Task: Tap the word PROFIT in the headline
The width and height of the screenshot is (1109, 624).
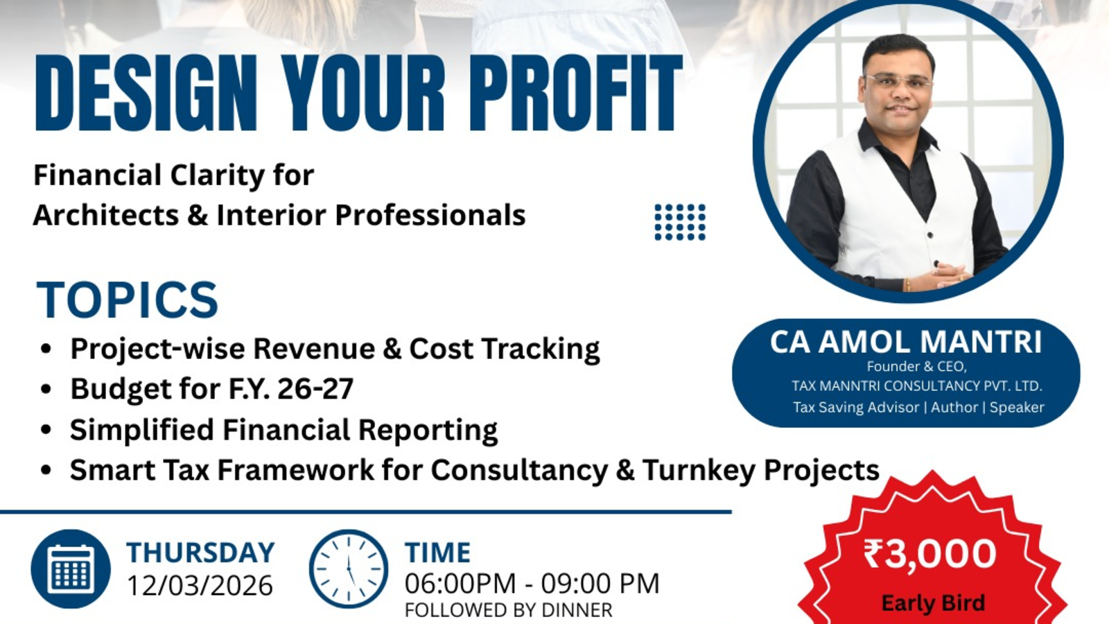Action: [x=575, y=94]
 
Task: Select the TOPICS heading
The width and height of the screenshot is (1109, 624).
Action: [x=128, y=300]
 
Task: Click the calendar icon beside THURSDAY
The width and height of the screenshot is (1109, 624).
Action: [x=71, y=569]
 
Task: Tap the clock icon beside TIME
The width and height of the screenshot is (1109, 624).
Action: [x=348, y=569]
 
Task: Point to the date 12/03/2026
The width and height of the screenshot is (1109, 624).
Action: [x=200, y=586]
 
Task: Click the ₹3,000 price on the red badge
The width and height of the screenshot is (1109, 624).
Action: [x=930, y=554]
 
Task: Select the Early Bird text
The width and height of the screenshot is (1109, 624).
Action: [x=932, y=603]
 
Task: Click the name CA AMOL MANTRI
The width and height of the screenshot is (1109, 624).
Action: [x=905, y=343]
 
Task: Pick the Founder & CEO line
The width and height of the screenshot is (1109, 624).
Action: [x=916, y=366]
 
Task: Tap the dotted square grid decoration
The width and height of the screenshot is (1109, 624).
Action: [x=680, y=222]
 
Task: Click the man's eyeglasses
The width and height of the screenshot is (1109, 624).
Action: [x=899, y=82]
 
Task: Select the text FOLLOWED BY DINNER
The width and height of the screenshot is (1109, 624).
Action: [x=508, y=610]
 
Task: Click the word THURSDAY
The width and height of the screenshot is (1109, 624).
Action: [x=200, y=553]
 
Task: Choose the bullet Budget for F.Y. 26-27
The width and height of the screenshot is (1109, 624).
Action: [x=211, y=389]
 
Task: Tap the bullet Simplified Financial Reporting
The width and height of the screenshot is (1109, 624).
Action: [x=283, y=430]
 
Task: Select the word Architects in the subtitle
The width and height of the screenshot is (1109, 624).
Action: [x=105, y=215]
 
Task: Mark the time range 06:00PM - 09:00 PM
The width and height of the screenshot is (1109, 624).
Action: [x=532, y=584]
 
